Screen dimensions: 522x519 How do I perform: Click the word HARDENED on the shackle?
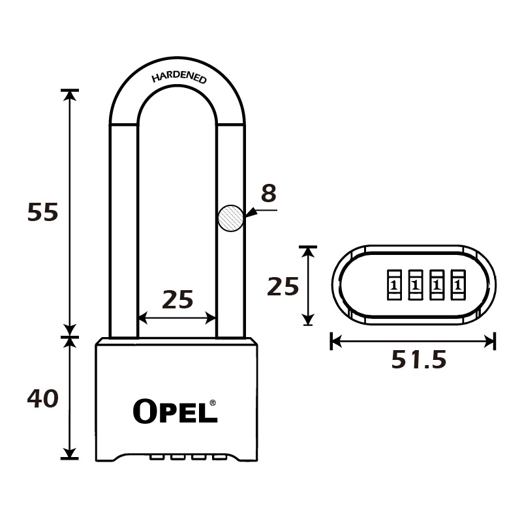click(x=179, y=77)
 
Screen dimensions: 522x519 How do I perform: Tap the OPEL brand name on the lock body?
click(x=175, y=411)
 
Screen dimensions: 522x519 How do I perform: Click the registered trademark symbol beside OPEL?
click(x=213, y=403)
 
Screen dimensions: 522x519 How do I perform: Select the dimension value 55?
click(x=42, y=213)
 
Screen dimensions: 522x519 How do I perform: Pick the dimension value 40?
click(x=42, y=398)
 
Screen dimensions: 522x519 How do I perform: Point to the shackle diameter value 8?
click(x=269, y=193)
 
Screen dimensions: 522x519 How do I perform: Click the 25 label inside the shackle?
click(x=177, y=299)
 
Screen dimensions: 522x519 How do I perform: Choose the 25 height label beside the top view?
click(x=283, y=286)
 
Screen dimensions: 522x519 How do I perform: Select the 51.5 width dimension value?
click(x=418, y=359)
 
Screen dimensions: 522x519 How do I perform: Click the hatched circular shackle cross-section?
click(x=231, y=218)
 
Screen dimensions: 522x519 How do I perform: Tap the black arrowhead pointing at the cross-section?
click(x=251, y=213)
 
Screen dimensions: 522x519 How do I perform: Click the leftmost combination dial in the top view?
click(x=394, y=285)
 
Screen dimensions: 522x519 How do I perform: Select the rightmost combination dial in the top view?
click(x=458, y=285)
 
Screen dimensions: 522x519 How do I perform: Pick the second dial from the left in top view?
click(x=416, y=285)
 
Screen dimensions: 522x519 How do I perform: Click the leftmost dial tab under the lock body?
click(x=157, y=458)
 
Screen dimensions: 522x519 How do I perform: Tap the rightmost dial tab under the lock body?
click(x=220, y=458)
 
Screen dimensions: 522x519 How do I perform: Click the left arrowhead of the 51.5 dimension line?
click(x=336, y=342)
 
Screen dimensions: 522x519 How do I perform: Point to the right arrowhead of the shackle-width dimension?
click(x=211, y=318)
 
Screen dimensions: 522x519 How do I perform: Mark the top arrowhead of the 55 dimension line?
click(x=70, y=95)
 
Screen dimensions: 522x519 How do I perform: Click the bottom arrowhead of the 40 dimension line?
click(x=70, y=452)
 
